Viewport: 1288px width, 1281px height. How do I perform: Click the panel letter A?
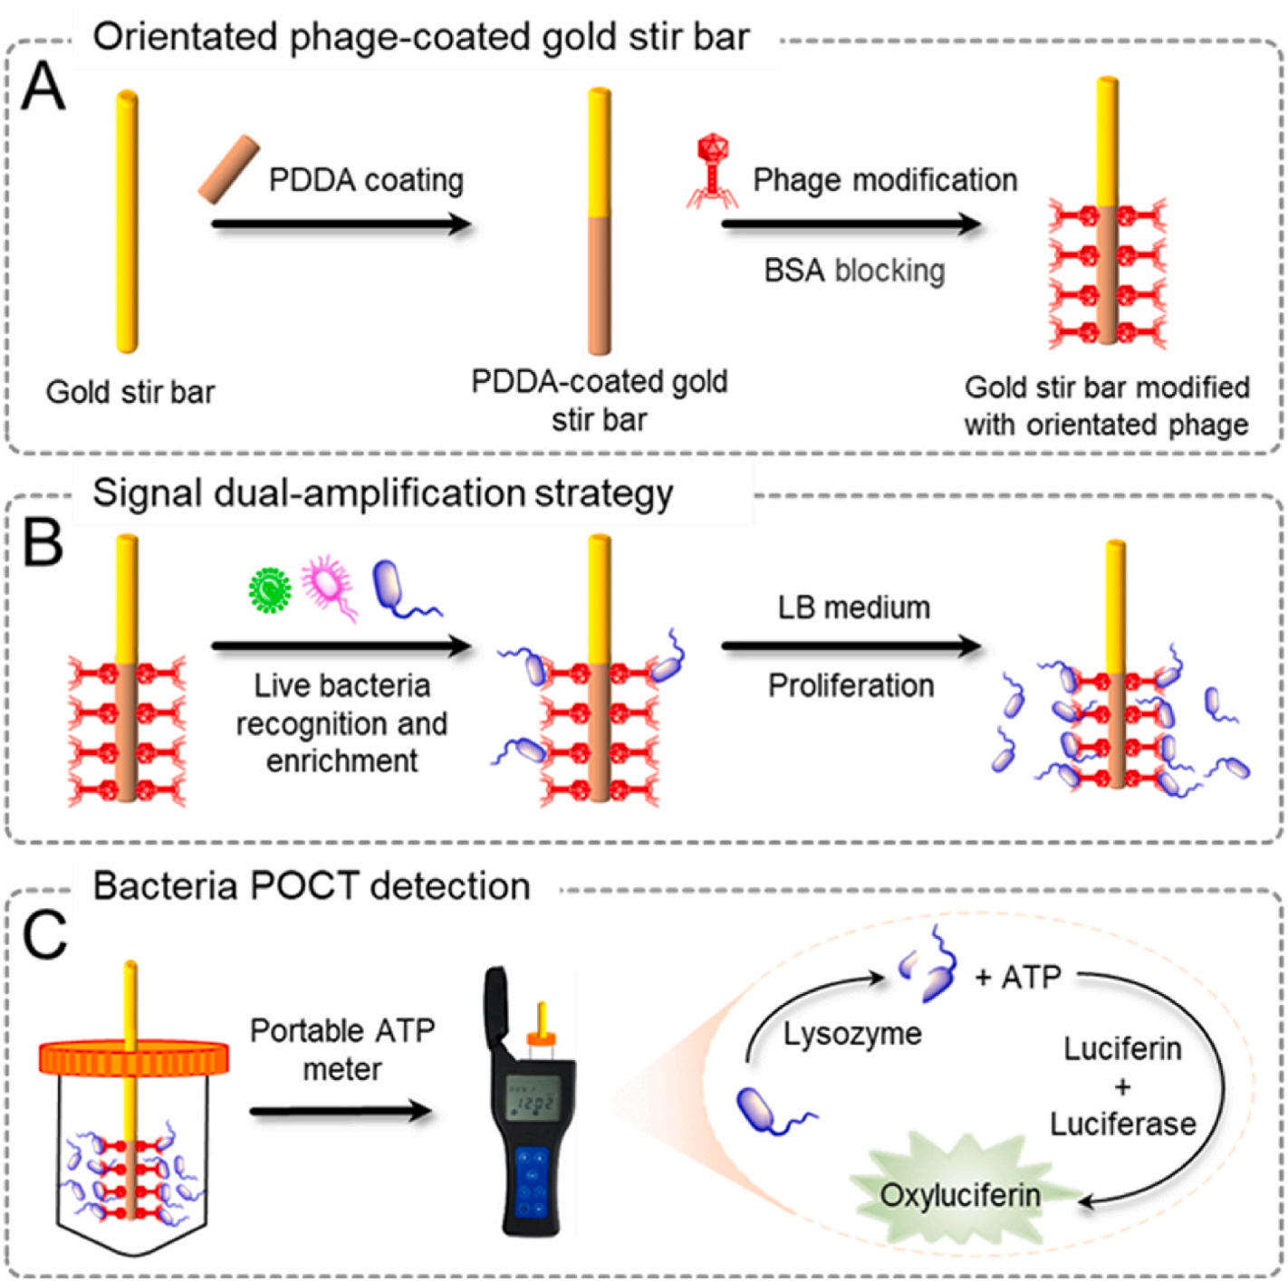(43, 88)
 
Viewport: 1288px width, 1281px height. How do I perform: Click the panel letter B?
(43, 544)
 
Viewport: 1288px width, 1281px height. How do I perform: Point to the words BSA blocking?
(854, 271)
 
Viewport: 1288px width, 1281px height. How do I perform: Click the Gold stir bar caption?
(130, 392)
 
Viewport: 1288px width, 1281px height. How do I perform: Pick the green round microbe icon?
(270, 589)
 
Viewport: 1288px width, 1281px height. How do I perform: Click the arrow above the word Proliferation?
(851, 646)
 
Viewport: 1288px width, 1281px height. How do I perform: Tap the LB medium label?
(853, 607)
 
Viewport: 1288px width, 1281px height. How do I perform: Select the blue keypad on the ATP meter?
(532, 1181)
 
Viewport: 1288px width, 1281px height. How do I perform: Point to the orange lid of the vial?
(133, 1057)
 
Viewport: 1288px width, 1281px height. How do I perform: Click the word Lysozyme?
(851, 1034)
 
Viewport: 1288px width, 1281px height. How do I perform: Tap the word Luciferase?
(1122, 1123)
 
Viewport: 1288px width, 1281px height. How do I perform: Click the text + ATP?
(1017, 978)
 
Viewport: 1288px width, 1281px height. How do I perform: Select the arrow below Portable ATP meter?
(341, 1112)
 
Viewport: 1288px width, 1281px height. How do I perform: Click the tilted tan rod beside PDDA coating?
(228, 169)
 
